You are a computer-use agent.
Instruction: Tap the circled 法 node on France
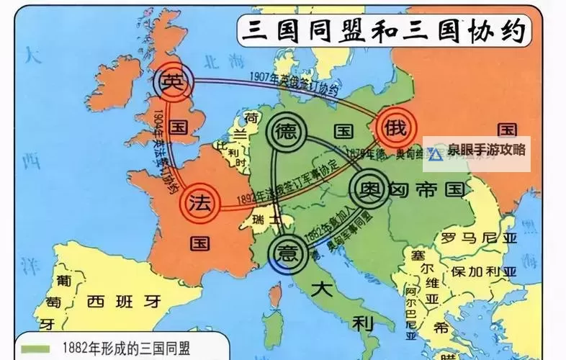[x=199, y=203]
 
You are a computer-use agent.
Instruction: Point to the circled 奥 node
[x=369, y=190]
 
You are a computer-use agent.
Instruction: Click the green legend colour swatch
[x=35, y=349]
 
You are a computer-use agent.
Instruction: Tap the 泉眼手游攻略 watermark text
[x=485, y=150]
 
